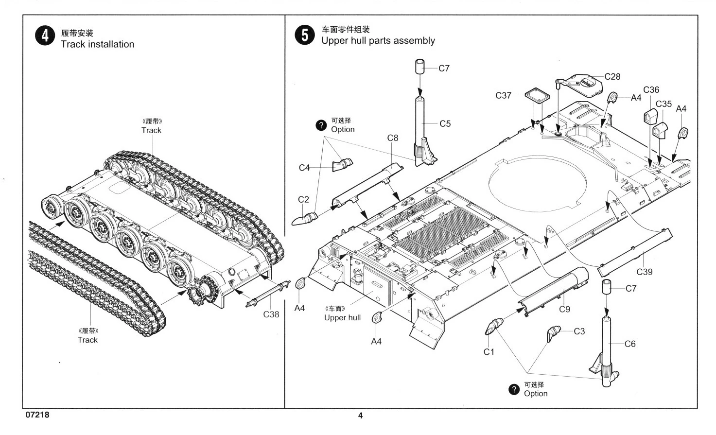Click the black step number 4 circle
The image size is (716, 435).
click(45, 36)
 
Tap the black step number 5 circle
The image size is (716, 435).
click(305, 35)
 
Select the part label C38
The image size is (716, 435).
click(271, 314)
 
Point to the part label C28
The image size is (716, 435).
click(612, 76)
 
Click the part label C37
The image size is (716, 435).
click(504, 95)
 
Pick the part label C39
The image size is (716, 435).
click(645, 272)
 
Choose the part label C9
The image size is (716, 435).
click(564, 309)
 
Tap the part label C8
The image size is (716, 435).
click(393, 138)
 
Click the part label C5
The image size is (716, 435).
click(445, 124)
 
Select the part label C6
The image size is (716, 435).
click(630, 344)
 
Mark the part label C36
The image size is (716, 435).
click(651, 90)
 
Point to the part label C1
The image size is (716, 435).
click(489, 352)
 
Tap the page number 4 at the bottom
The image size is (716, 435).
click(360, 416)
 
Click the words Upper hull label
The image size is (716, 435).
click(342, 318)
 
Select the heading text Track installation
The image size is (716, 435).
click(97, 44)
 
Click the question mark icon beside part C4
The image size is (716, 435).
click(321, 125)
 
